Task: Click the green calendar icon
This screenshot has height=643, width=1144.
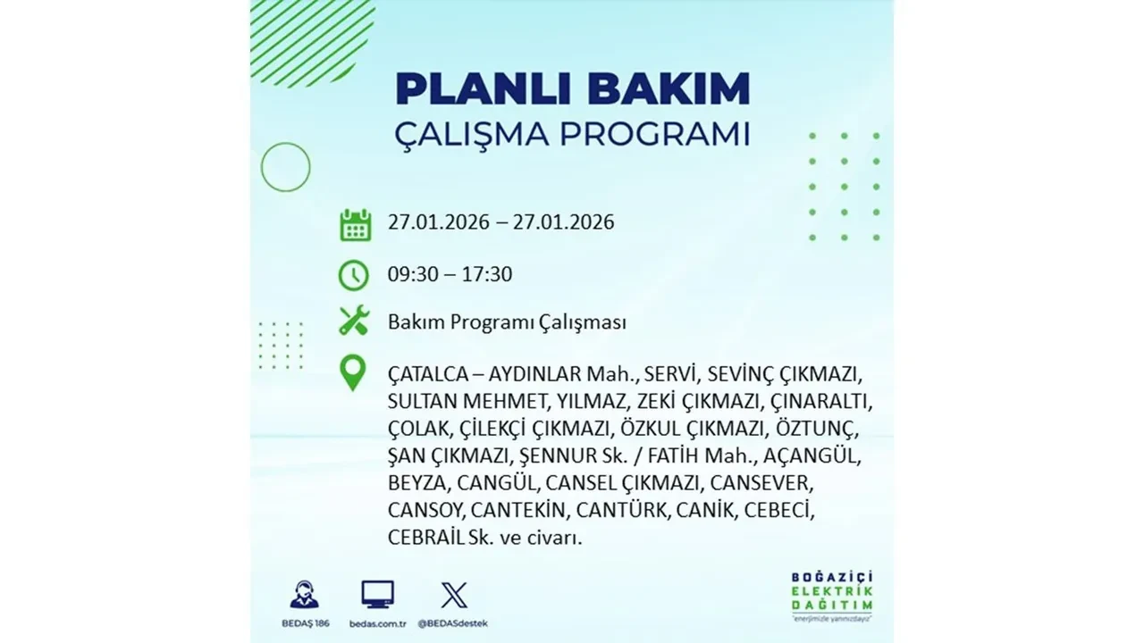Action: pos(355,224)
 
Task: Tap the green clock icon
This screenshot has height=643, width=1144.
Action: pos(354,274)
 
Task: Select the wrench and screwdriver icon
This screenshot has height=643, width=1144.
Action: pos(354,321)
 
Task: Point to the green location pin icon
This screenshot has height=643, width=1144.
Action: pos(354,373)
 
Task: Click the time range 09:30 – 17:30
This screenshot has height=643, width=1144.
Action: pos(450,274)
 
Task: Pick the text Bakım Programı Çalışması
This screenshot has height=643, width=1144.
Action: pos(507,322)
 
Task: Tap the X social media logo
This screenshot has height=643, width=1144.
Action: pos(453,595)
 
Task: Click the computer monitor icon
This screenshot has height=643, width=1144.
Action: pos(377,595)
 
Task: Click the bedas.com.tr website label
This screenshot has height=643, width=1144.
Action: pos(377,622)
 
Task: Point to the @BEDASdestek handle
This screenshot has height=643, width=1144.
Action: pos(453,622)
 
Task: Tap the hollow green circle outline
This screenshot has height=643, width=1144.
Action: pos(285,167)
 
